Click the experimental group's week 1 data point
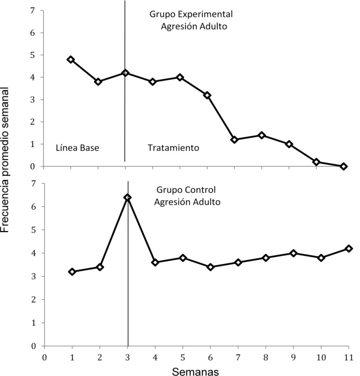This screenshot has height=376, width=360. [71, 59]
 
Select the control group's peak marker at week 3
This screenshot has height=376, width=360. [127, 198]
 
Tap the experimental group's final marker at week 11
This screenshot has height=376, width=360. [343, 166]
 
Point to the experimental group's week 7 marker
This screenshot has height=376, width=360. [234, 140]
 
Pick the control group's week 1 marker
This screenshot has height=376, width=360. [72, 272]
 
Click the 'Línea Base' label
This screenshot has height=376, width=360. [77, 148]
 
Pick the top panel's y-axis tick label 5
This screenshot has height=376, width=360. [33, 55]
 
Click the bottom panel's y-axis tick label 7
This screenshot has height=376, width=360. [33, 184]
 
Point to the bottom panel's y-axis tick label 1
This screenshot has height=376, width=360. [33, 323]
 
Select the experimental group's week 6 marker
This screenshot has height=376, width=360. [207, 95]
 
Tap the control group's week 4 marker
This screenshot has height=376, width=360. [155, 262]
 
